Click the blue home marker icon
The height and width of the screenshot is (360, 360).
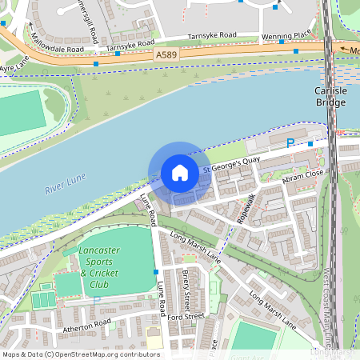point(179,173)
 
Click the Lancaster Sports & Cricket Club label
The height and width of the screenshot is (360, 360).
point(100,267)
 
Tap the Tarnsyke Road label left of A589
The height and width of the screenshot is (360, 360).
point(130,45)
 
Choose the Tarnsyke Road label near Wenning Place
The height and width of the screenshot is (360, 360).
point(211,36)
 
